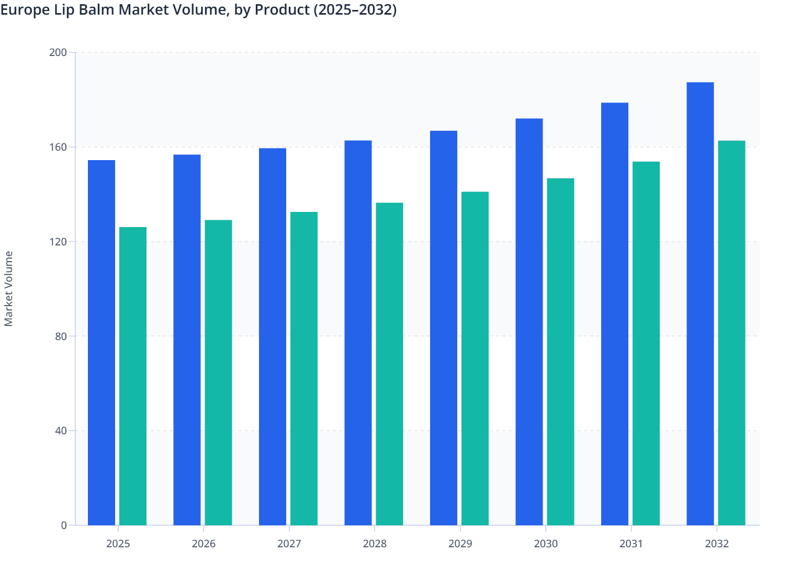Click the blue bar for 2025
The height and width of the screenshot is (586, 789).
(x=102, y=343)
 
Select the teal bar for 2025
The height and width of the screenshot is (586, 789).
(x=133, y=376)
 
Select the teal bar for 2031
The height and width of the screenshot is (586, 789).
(x=646, y=343)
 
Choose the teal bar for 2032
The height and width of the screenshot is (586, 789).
(x=731, y=333)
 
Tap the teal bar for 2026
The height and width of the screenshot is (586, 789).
(x=218, y=373)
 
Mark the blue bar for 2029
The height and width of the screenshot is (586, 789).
(x=444, y=328)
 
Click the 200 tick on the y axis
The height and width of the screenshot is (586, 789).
(x=58, y=52)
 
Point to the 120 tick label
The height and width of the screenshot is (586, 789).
(x=58, y=242)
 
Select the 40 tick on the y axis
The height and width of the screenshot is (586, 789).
(x=61, y=431)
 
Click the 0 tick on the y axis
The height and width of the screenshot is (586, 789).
(x=64, y=525)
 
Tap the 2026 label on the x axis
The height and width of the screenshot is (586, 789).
(x=204, y=544)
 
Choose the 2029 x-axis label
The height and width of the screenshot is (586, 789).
(x=460, y=544)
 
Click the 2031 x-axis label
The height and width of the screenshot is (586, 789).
(x=631, y=544)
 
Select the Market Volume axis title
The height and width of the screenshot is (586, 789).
(x=9, y=289)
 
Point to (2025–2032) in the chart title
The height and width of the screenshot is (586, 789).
(x=355, y=10)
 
